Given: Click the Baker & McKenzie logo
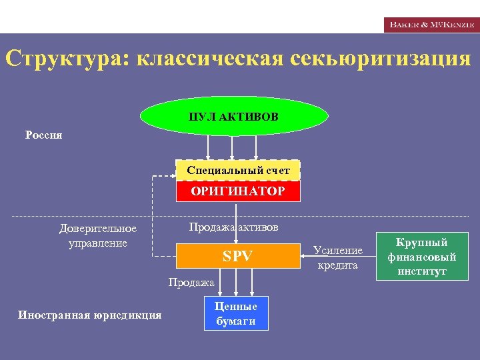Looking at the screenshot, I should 431,25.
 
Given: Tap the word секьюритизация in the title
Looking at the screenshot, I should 381,59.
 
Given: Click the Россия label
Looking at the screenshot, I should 44,135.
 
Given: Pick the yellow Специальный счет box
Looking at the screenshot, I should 238,171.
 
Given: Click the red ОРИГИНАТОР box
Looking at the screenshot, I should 238,191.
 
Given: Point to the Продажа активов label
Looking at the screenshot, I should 233,227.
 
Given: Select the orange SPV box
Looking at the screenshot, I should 237,255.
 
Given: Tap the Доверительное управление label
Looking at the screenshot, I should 98,235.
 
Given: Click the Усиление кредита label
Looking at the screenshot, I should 338,257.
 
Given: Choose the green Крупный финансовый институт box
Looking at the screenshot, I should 422,256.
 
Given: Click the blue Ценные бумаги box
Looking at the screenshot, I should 236,313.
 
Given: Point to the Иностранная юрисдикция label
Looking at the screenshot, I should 89,315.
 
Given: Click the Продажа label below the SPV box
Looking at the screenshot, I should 191,283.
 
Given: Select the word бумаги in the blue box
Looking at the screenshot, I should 236,321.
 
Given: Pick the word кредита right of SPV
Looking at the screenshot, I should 338,265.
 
